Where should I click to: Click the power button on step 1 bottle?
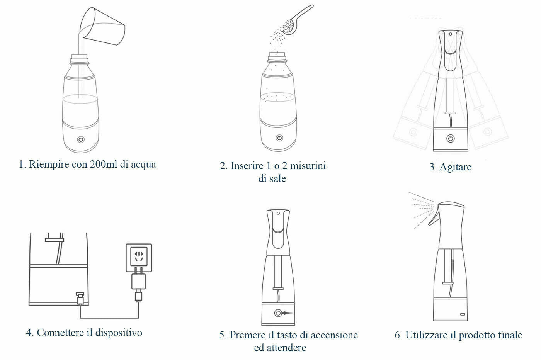81,139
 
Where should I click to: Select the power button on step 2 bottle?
279,138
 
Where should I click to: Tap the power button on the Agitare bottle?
451,139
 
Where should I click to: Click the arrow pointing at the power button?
288,313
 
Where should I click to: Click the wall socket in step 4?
139,258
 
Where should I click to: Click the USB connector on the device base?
80,299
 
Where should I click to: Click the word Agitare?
455,167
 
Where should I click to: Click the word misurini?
308,166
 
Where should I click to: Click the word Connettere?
60,333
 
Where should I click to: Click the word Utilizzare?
426,335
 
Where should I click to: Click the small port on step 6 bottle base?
463,314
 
